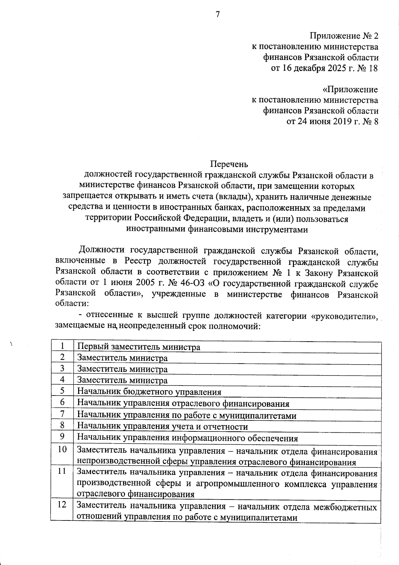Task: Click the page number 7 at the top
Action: click(x=217, y=14)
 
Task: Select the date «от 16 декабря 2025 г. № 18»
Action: click(x=325, y=68)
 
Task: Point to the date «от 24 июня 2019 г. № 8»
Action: click(x=332, y=121)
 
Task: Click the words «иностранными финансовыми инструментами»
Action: click(x=217, y=229)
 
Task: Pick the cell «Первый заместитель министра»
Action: click(x=139, y=347)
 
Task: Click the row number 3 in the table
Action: click(x=62, y=368)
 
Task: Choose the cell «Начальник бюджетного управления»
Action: click(x=149, y=392)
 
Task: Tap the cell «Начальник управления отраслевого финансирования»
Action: click(x=183, y=404)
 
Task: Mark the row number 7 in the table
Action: click(x=62, y=414)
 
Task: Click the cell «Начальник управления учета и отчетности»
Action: click(x=163, y=427)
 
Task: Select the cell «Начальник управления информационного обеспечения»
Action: click(x=188, y=438)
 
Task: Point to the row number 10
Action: click(x=62, y=449)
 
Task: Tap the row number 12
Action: click(x=62, y=505)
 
